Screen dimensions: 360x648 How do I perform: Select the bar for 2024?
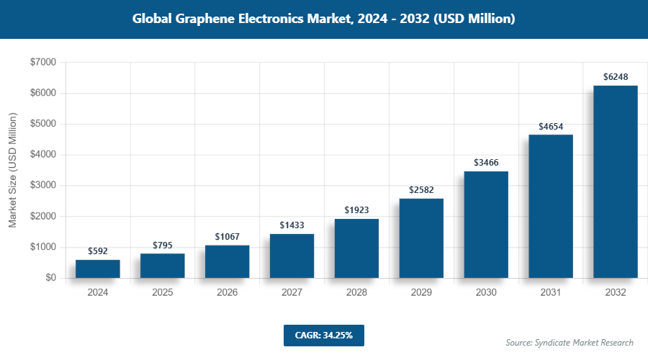point(97,269)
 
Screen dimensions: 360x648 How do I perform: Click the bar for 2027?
point(292,256)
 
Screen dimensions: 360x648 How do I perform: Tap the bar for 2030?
point(486,225)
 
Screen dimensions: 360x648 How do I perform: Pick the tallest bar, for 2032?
point(616,181)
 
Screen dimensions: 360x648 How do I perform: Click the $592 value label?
point(97,251)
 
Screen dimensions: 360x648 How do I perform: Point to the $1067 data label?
point(227,237)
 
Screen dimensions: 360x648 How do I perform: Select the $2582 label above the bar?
point(421,190)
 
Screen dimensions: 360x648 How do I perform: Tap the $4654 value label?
point(551,126)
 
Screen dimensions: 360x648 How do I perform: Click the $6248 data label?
point(616,77)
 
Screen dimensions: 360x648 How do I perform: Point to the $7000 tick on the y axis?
point(42,63)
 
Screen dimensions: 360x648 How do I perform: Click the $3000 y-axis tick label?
point(42,186)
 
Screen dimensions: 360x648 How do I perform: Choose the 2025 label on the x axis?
point(162,293)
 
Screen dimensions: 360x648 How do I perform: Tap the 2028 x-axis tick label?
point(356,293)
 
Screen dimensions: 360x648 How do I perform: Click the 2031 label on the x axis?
point(551,293)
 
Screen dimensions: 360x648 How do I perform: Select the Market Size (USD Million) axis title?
point(13,170)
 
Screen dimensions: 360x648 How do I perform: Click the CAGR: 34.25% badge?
point(323,336)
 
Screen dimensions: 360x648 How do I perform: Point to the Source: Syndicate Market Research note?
point(569,343)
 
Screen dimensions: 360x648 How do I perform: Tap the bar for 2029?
point(421,238)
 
